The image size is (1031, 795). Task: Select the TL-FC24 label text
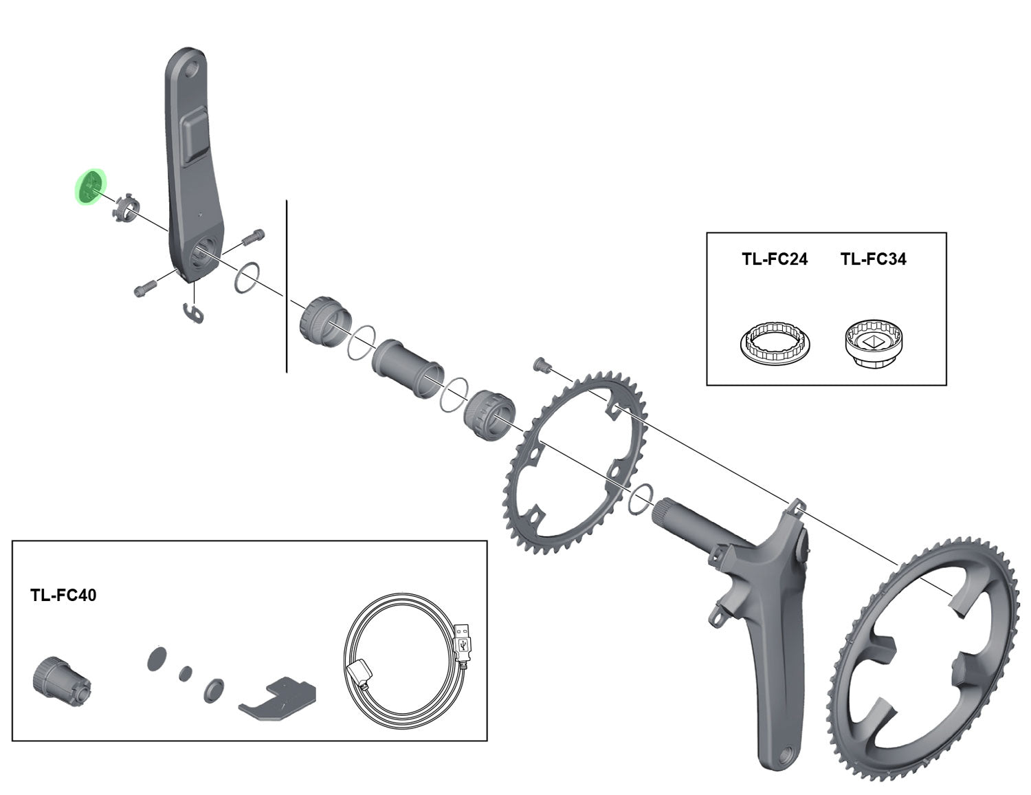click(774, 259)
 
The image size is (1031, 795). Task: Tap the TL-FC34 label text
click(873, 259)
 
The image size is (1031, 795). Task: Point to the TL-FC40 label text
click(63, 595)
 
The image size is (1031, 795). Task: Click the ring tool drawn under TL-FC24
click(775, 342)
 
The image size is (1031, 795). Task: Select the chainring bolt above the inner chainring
click(540, 364)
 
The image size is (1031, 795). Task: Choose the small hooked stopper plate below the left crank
click(195, 312)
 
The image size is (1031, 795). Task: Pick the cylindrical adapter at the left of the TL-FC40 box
click(59, 677)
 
